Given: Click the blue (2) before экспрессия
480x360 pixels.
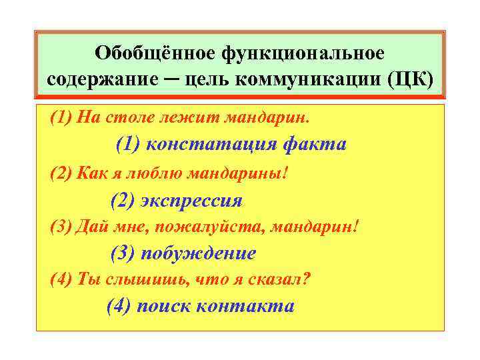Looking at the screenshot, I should point(123,200).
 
